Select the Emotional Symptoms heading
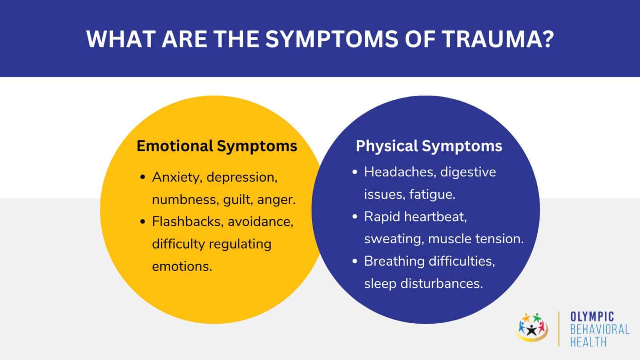[217, 146]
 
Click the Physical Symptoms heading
[429, 146]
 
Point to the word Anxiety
[176, 177]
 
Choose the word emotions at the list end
[182, 266]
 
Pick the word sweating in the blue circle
[394, 239]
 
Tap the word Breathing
[394, 261]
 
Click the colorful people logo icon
[532, 327]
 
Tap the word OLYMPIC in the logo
[592, 317]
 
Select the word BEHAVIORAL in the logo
[599, 330]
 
